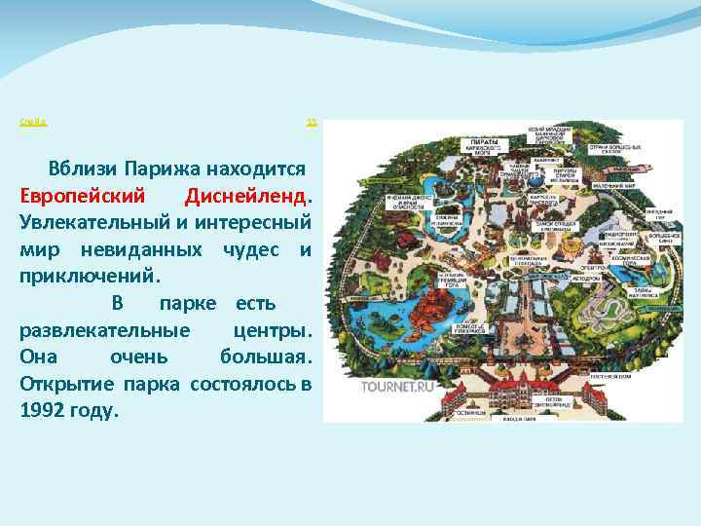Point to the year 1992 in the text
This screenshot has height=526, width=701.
click(45, 410)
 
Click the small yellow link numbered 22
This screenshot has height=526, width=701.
click(312, 123)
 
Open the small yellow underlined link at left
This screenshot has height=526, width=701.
click(34, 123)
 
